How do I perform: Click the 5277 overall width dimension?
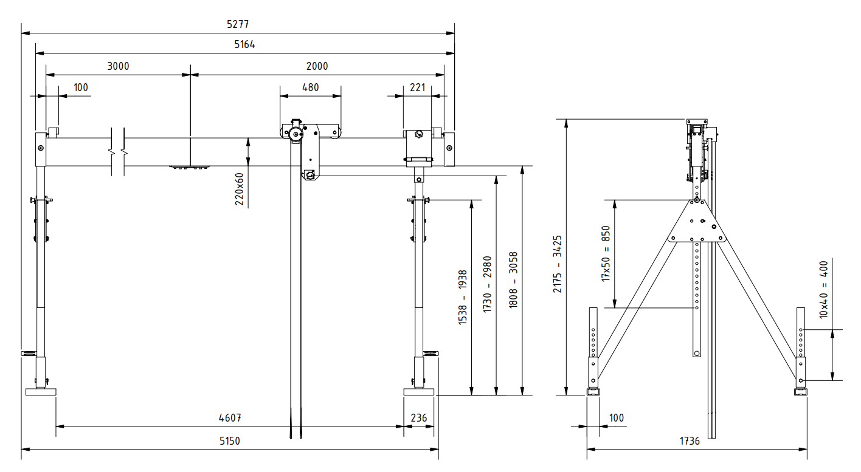coord(238,25)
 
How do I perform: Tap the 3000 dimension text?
coord(118,66)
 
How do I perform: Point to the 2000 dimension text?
coord(317,66)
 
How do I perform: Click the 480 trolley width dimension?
coord(310,87)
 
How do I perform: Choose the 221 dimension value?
coord(417,87)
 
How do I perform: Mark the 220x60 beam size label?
coord(239,188)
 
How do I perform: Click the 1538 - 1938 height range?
coord(463,298)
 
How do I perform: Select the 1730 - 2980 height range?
coord(488,284)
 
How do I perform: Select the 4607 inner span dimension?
coord(230,418)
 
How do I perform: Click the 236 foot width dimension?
coord(419,418)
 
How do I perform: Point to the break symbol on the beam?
coord(118,151)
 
